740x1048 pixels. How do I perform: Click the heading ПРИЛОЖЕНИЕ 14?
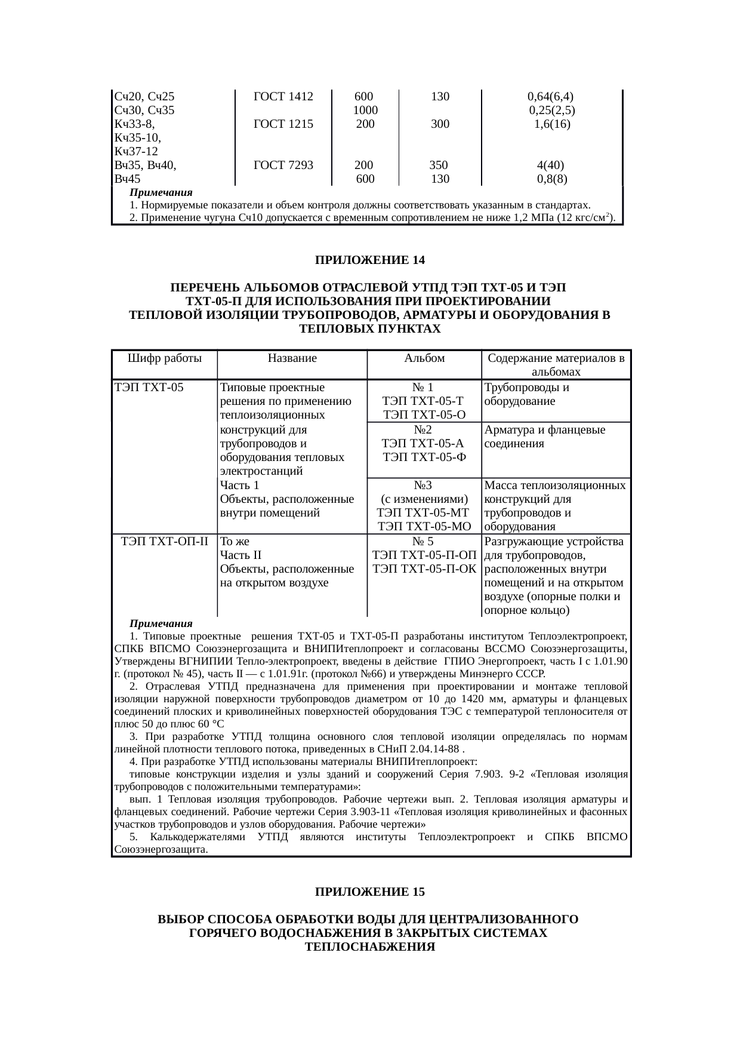370,260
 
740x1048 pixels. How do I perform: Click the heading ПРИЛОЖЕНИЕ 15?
370,892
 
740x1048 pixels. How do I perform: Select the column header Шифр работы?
165,358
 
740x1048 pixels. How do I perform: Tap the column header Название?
292,358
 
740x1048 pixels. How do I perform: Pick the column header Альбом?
424,358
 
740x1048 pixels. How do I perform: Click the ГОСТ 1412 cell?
283,96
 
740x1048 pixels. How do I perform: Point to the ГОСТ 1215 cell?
283,124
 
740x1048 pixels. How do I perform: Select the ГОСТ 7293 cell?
283,165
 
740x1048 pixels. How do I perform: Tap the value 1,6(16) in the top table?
552,124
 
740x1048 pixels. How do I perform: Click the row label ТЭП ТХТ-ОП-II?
165,542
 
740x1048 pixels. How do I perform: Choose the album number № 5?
424,542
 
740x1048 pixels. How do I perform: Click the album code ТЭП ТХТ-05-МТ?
424,512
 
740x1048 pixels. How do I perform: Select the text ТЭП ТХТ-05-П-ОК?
424,569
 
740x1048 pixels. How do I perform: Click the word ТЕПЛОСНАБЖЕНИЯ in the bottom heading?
370,946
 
